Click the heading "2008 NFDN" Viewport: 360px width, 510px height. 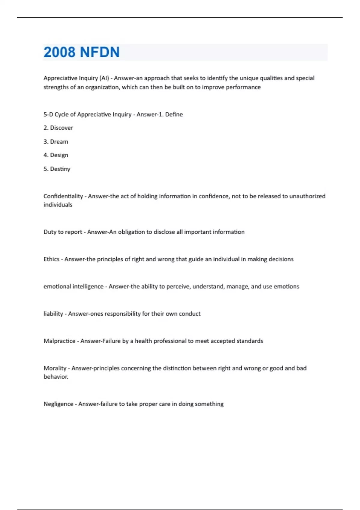click(x=82, y=52)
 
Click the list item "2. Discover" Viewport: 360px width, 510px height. click(x=58, y=128)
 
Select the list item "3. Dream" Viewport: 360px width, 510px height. click(x=56, y=142)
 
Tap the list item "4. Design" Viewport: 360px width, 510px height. click(x=56, y=155)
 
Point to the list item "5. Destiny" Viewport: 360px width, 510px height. click(x=57, y=169)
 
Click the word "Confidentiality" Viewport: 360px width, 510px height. click(x=63, y=196)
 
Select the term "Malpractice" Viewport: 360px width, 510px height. click(x=59, y=341)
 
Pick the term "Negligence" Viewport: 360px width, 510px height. click(x=58, y=404)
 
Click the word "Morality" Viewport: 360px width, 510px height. click(x=55, y=368)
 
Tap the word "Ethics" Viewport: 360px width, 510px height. click(x=51, y=259)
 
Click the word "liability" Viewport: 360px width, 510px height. click(x=53, y=314)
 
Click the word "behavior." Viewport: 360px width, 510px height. click(x=56, y=377)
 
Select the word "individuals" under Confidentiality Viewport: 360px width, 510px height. click(x=58, y=205)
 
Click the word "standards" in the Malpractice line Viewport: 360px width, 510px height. click(x=250, y=341)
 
